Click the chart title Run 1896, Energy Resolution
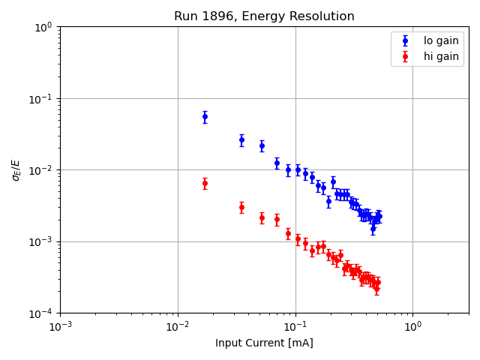click(x=264, y=16)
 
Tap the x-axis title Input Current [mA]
click(x=264, y=343)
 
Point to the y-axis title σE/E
click(x=16, y=169)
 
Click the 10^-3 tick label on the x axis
click(x=60, y=327)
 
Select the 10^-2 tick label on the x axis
click(x=178, y=327)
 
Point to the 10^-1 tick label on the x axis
click(x=295, y=327)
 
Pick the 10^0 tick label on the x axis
click(x=413, y=327)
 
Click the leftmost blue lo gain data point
click(x=205, y=116)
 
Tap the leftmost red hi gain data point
click(x=205, y=183)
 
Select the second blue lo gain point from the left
click(x=241, y=139)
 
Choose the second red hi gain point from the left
click(x=241, y=207)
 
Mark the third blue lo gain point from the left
click(x=262, y=145)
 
